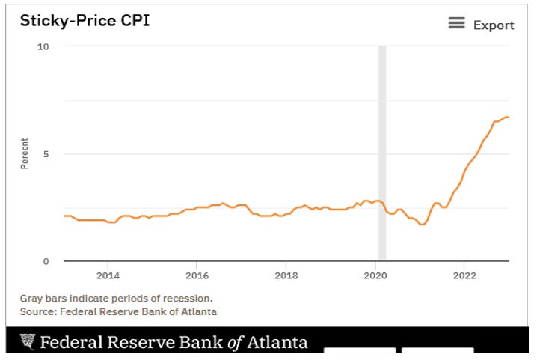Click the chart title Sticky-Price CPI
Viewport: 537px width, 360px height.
coord(85,21)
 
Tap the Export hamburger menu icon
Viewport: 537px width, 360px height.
coord(456,23)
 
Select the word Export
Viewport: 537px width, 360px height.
coord(494,25)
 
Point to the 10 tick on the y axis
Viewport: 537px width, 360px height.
coord(43,46)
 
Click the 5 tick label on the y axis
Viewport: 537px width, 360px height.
coord(46,154)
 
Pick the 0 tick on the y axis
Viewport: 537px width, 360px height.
coord(46,261)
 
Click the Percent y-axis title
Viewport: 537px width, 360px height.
coord(25,153)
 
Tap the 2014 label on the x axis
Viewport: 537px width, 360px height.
coord(108,275)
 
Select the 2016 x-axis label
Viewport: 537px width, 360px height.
coord(197,275)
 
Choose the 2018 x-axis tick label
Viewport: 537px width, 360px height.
coord(286,275)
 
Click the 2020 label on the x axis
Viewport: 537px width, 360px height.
coord(375,275)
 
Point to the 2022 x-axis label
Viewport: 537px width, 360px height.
coord(464,275)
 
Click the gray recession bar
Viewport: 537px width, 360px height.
coord(382,153)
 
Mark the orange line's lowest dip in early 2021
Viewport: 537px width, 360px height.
coord(423,225)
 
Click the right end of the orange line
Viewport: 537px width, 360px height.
coord(509,118)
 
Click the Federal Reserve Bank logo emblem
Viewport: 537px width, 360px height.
coord(28,342)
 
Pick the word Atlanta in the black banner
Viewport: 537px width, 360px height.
coord(277,342)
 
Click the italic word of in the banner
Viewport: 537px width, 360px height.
coord(236,343)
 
